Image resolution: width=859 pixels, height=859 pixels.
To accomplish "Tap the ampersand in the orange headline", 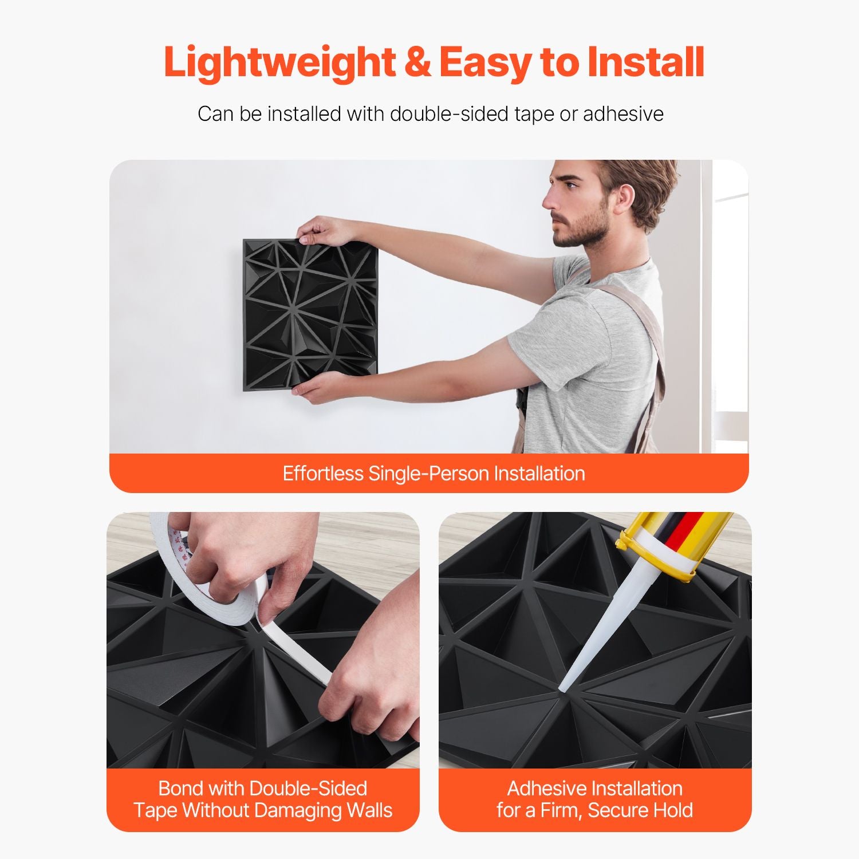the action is pyautogui.click(x=417, y=62).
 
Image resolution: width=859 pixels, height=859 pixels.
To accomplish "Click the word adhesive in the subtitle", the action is pyautogui.click(x=623, y=113).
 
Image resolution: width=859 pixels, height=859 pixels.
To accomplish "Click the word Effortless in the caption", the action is pyautogui.click(x=324, y=474).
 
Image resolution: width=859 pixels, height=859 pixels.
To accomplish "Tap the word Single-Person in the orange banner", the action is pyautogui.click(x=428, y=474).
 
